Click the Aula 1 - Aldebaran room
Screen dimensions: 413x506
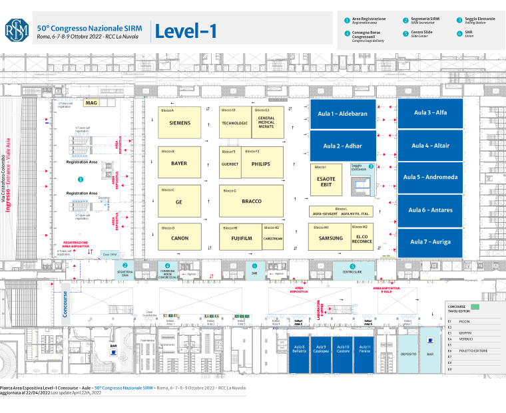click(x=343, y=114)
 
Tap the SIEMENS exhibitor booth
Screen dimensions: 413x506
click(x=180, y=123)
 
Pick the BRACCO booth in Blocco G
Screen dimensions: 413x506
click(x=252, y=201)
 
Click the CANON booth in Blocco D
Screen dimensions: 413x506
click(x=180, y=237)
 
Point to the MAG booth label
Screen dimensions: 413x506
click(x=91, y=103)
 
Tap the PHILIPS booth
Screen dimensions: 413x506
click(x=260, y=164)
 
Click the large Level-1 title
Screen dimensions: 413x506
click(x=186, y=31)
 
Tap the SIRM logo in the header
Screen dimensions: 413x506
click(x=17, y=29)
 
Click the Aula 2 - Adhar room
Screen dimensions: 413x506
click(x=343, y=146)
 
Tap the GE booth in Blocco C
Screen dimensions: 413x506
click(x=179, y=202)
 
